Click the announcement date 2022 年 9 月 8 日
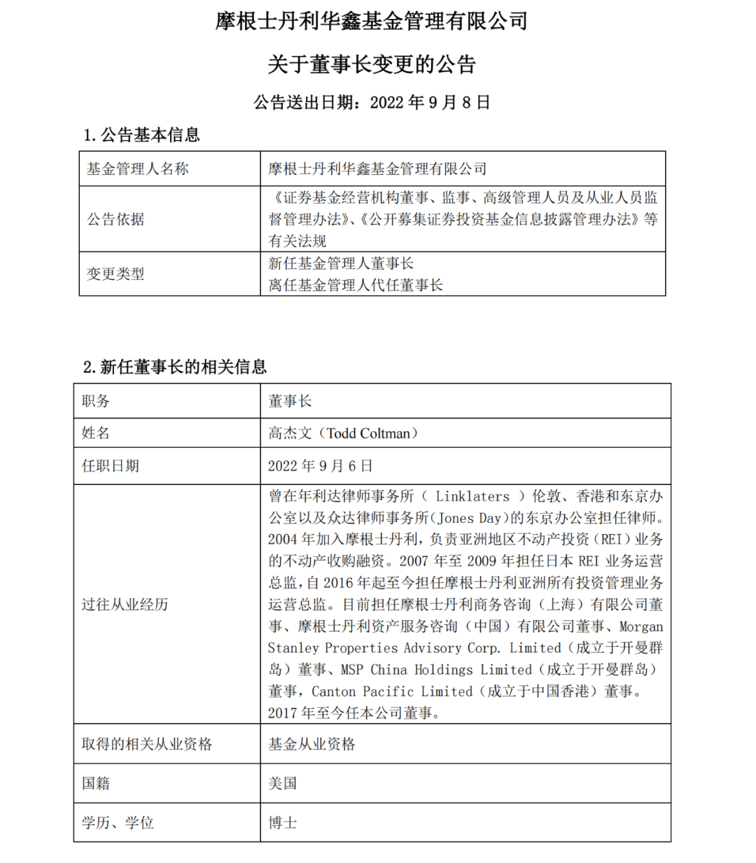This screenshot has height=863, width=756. [x=430, y=103]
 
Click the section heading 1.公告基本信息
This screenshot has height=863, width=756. [x=141, y=135]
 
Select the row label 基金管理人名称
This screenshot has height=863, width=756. [x=137, y=169]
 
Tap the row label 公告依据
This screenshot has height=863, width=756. [x=115, y=219]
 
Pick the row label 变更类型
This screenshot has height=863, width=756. [x=115, y=274]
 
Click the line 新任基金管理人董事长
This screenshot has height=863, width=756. [x=341, y=263]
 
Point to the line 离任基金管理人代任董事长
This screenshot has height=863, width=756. [x=356, y=285]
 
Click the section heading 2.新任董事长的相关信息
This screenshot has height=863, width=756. [x=174, y=367]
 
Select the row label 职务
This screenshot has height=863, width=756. [x=96, y=401]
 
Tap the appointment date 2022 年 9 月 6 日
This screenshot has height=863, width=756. [x=320, y=466]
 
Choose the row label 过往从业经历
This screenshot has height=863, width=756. [x=125, y=605]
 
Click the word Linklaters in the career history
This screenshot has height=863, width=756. [x=472, y=496]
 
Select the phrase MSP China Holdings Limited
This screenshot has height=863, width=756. [x=440, y=670]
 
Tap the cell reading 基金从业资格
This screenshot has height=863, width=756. [x=311, y=744]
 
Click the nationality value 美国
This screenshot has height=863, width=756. [x=283, y=783]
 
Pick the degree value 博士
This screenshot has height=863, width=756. [x=283, y=822]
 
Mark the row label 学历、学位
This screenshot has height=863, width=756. [x=118, y=822]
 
